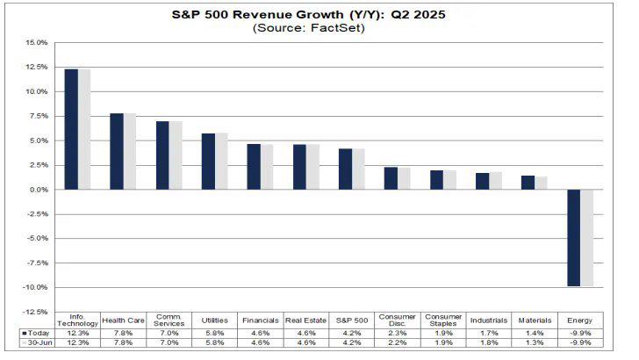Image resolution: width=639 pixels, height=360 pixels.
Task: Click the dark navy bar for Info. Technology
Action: (x=71, y=129)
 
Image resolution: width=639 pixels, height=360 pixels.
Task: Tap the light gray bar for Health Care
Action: (x=130, y=151)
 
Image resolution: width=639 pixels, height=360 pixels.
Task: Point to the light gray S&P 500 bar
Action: (x=358, y=169)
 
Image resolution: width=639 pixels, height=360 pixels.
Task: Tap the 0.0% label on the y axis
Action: (x=37, y=190)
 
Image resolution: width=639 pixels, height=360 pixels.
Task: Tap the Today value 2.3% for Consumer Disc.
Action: (x=397, y=333)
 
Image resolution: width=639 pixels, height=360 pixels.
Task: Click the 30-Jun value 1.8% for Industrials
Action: (x=489, y=342)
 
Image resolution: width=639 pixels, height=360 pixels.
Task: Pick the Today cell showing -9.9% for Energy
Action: (x=580, y=333)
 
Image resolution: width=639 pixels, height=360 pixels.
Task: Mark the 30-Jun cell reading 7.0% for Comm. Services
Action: (x=169, y=342)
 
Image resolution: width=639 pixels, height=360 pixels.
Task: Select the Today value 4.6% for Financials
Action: (x=260, y=333)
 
